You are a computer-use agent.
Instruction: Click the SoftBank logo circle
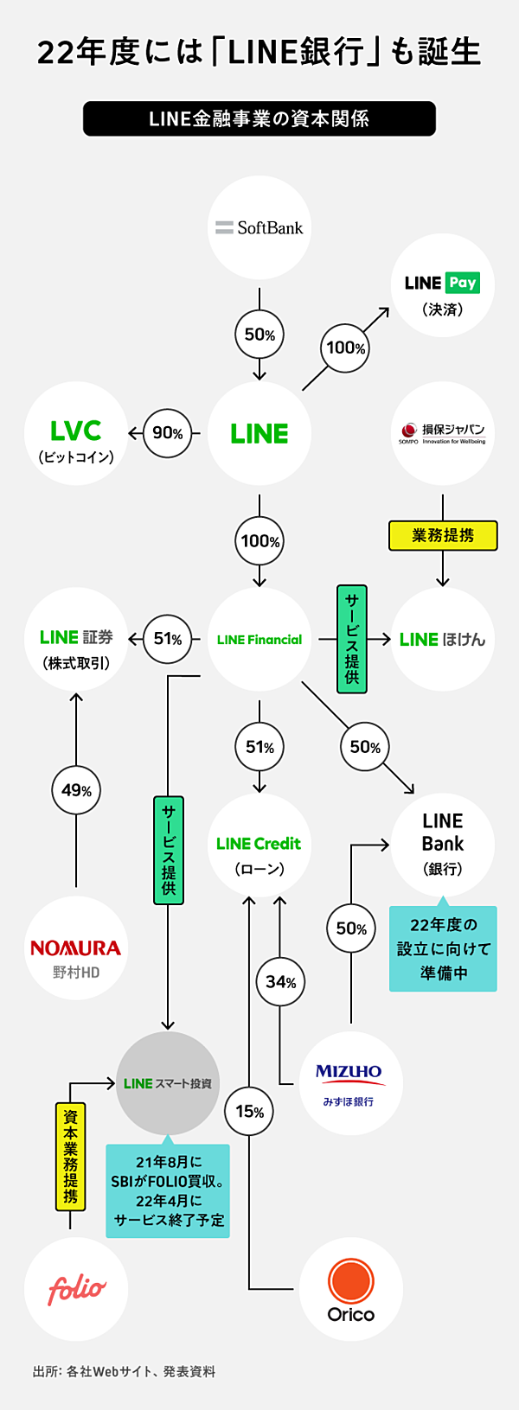pyautogui.click(x=259, y=227)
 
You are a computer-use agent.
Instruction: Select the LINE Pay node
pyautogui.click(x=443, y=285)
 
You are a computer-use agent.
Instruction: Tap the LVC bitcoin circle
pyautogui.click(x=76, y=434)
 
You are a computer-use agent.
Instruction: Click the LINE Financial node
pyautogui.click(x=259, y=640)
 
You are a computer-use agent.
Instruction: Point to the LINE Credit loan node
pyautogui.click(x=259, y=845)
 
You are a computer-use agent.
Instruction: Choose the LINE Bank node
pyautogui.click(x=443, y=844)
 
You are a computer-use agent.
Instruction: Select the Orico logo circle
pyautogui.click(x=350, y=1289)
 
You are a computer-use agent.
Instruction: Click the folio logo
pyautogui.click(x=76, y=1289)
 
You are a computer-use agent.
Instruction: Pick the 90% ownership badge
pyautogui.click(x=167, y=433)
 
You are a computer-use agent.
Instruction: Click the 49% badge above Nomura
pyautogui.click(x=76, y=790)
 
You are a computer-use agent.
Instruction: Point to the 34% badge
pyautogui.click(x=280, y=981)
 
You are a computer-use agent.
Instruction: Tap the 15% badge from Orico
pyautogui.click(x=249, y=1111)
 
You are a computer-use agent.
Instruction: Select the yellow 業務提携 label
pyautogui.click(x=443, y=535)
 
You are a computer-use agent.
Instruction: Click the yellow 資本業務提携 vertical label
pyautogui.click(x=70, y=1156)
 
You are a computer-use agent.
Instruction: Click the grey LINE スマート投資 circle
pyautogui.click(x=168, y=1083)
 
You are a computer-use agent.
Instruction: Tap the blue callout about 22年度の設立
pyautogui.click(x=443, y=948)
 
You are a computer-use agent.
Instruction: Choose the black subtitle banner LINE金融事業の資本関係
pyautogui.click(x=259, y=118)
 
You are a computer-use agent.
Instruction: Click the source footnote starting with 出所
pyautogui.click(x=124, y=1371)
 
